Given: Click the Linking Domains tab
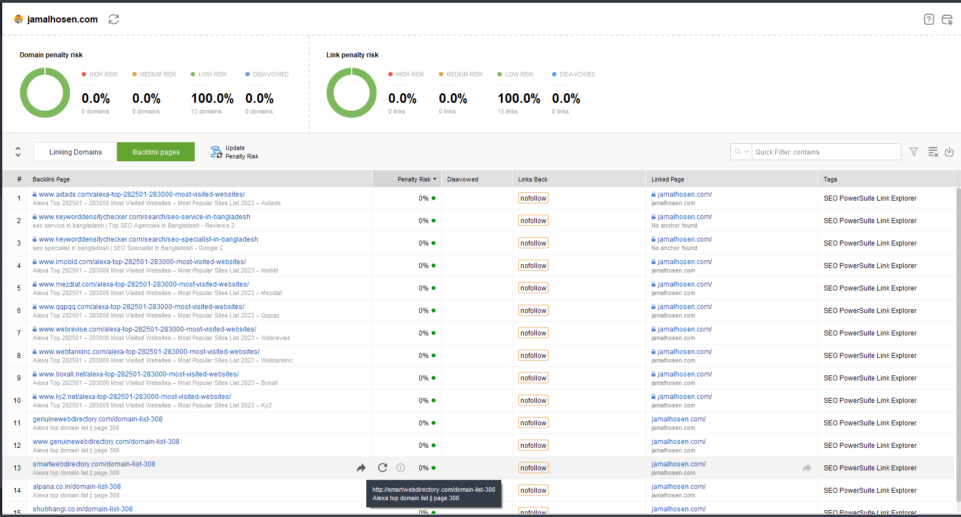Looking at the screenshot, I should (x=75, y=152).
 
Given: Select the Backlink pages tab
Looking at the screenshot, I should (x=156, y=152).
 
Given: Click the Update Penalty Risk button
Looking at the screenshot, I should (x=235, y=152).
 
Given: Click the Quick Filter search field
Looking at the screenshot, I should (x=826, y=152).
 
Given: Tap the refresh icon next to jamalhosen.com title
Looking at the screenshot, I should (x=114, y=19).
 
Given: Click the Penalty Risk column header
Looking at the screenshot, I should (x=414, y=179).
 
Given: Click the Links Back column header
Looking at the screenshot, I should (x=533, y=179).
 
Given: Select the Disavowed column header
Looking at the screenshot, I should (x=462, y=179).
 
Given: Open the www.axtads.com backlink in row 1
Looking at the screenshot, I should (x=142, y=194).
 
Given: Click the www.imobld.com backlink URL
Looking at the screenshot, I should (x=142, y=262).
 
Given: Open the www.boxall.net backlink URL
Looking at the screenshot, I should (x=139, y=374).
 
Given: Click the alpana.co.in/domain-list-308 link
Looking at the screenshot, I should (x=77, y=487).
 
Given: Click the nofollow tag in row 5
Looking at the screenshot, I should (x=533, y=288).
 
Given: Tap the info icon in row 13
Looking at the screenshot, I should (x=401, y=468).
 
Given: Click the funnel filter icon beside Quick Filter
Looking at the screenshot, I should (x=914, y=152).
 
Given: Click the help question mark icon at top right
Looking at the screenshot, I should (x=929, y=19).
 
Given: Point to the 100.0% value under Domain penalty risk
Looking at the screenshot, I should (x=212, y=98).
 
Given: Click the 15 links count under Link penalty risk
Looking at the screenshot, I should (x=508, y=111).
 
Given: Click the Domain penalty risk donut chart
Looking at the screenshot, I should (x=45, y=93).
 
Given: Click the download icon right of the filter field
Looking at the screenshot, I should (x=949, y=152).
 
